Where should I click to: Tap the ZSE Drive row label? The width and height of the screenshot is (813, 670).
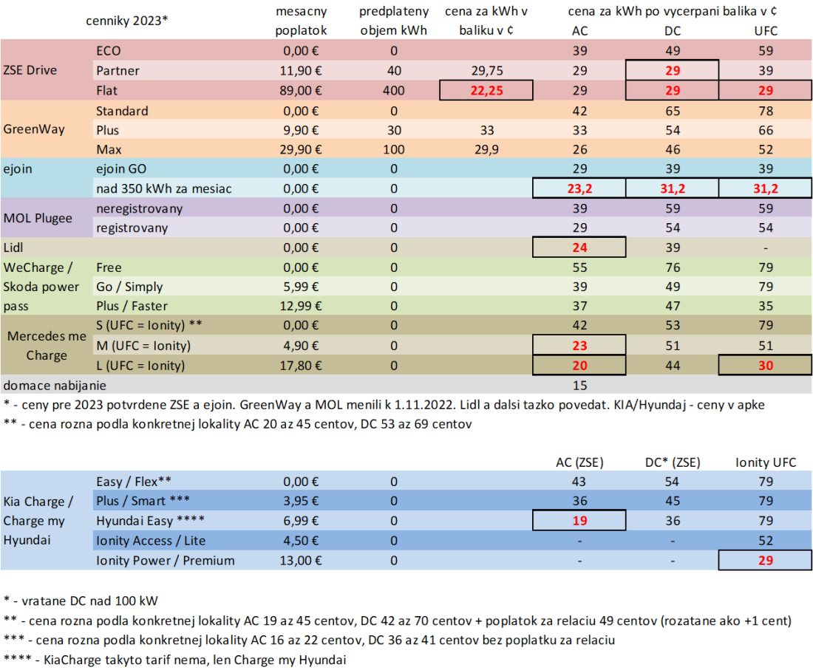coord(30,71)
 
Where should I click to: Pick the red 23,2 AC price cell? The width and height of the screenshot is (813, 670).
coord(579,189)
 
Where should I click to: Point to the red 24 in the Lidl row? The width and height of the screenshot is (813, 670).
coord(579,247)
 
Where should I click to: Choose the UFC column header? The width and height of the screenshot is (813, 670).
coord(765,31)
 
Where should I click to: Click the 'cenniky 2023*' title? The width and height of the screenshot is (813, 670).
coord(126,21)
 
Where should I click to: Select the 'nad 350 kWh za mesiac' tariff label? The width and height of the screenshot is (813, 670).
coord(163,189)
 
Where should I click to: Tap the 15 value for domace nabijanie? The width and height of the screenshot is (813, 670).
coord(579,385)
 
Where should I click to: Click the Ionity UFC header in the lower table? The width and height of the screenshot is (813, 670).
coord(765,462)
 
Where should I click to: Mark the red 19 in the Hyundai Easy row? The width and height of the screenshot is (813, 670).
coord(579,521)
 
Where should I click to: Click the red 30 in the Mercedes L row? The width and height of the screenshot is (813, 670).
coord(765,365)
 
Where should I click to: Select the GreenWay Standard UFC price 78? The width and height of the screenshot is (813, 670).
coord(765,111)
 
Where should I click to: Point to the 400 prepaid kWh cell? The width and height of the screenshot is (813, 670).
coord(393,91)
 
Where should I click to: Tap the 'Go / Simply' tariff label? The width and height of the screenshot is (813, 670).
coord(129,287)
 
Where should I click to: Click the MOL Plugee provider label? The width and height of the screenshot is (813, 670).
coord(38,218)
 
